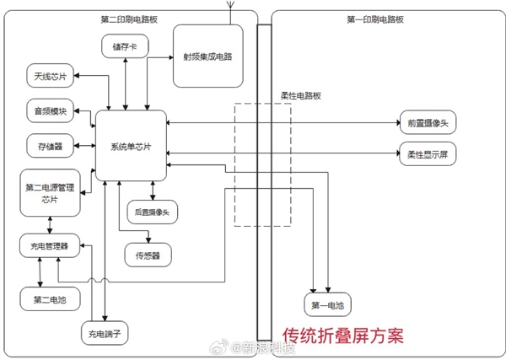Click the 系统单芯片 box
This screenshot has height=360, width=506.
[x=131, y=145]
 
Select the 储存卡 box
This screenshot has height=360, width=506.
[x=125, y=47]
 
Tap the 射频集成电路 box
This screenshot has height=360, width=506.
[x=207, y=56]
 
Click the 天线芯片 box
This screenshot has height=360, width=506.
[x=50, y=78]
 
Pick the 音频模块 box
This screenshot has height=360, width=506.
[x=51, y=111]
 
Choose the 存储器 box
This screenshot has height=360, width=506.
[x=50, y=146]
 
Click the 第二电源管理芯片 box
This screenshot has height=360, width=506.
[x=50, y=193]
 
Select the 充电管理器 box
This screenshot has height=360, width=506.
[x=50, y=247]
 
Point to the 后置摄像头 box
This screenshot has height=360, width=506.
[x=152, y=212]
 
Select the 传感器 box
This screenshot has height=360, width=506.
[x=148, y=253]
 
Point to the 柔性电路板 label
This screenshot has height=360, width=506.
[x=300, y=96]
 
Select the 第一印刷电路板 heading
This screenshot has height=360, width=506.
[x=374, y=19]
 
